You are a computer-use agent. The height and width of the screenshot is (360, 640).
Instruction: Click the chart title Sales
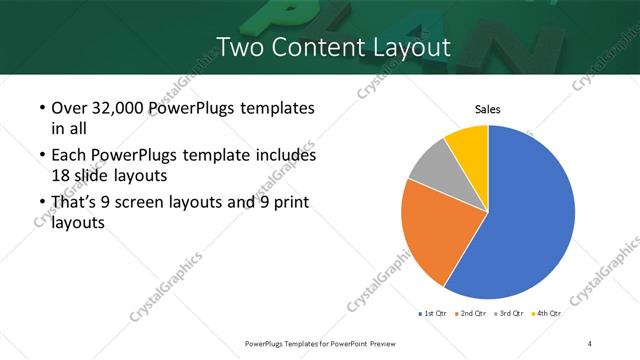(x=487, y=110)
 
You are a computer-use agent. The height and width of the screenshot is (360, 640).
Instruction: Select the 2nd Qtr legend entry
(x=471, y=314)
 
